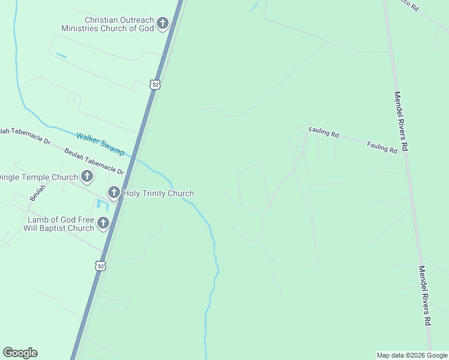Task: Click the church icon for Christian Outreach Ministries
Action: point(162,24)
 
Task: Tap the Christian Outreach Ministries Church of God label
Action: point(107,24)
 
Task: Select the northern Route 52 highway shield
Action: point(155,85)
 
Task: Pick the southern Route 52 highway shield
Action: point(101,265)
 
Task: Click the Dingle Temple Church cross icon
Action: point(87,176)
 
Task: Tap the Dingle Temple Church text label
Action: point(38,177)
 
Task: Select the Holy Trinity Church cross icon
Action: point(113,193)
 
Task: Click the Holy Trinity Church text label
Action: point(158,193)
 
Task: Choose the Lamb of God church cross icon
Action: point(103,224)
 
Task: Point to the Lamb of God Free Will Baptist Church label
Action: point(59,224)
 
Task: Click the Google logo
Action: point(20,353)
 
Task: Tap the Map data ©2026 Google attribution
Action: point(412,355)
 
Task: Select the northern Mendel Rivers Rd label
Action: point(401,121)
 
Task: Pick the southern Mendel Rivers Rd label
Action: point(424,296)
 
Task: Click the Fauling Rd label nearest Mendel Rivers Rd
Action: point(382,148)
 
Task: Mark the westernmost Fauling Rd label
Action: point(324,133)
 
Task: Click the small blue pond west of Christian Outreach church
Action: point(61,56)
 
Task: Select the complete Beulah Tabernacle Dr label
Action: point(94,161)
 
